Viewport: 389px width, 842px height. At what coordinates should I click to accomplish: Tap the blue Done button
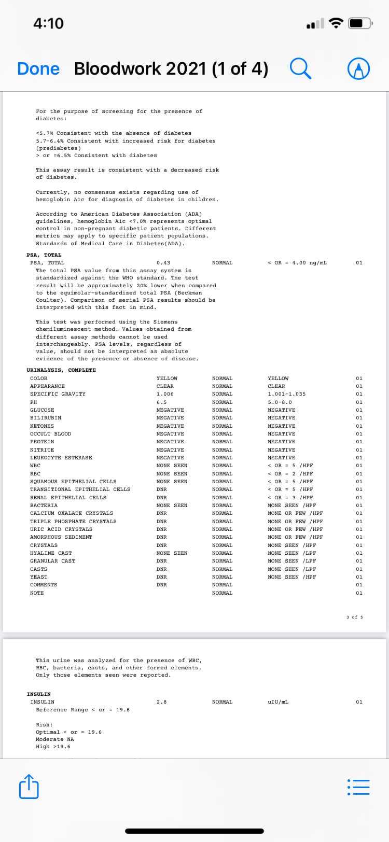[38, 69]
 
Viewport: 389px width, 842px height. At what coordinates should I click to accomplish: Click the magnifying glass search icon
[301, 68]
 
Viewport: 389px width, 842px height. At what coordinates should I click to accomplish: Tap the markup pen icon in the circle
[358, 69]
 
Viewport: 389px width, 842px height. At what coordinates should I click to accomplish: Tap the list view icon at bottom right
[358, 787]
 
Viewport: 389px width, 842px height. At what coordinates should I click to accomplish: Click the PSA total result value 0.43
[163, 263]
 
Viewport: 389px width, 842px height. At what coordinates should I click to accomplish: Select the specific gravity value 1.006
[165, 394]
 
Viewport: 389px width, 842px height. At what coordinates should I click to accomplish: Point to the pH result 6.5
[161, 402]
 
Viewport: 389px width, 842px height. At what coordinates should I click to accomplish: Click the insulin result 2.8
[161, 702]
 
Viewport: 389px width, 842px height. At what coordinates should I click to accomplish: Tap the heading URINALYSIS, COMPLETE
[61, 370]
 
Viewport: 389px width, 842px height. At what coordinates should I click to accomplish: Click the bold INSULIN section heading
[39, 694]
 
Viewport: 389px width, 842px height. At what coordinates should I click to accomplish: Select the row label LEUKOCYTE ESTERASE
[61, 458]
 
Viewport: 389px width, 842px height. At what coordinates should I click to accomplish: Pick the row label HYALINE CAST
[51, 553]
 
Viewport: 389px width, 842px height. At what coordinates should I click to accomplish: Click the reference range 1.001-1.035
[286, 394]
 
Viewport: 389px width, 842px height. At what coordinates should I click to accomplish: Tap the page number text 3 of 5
[355, 617]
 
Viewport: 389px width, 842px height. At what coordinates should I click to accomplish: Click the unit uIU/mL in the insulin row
[278, 702]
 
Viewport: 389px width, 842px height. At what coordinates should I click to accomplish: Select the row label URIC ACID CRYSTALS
[61, 529]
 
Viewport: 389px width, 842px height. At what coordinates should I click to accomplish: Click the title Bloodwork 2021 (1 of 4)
[171, 69]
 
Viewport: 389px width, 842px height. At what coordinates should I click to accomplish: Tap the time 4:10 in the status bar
[48, 23]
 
